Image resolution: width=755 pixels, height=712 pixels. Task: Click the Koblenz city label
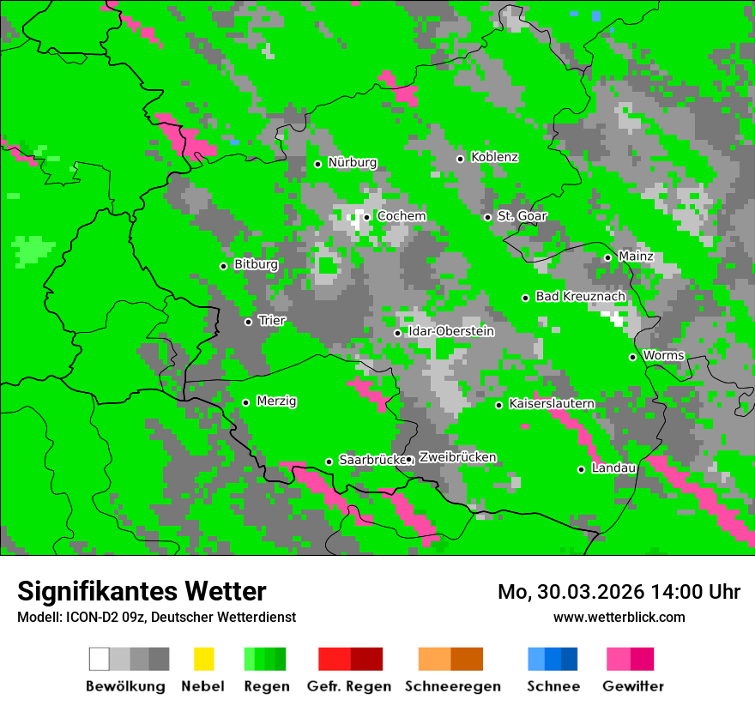[x=495, y=158]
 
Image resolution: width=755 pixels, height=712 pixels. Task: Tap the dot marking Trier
[x=248, y=322]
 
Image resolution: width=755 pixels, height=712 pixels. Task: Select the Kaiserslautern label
[x=551, y=404]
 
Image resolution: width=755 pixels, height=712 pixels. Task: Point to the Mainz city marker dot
[x=607, y=257]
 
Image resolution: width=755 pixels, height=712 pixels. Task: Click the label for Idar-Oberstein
[x=451, y=332]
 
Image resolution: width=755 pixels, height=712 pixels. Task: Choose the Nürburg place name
[x=352, y=163]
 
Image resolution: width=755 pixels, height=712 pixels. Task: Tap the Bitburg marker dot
[x=223, y=266]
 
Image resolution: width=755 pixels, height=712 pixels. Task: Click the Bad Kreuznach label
[x=580, y=297]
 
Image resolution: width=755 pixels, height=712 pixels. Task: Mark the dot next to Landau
[x=581, y=469]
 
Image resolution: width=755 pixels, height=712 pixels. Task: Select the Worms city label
[x=663, y=356]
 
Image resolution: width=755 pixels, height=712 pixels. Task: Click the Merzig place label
[x=276, y=401]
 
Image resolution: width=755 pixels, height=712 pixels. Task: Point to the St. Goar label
[x=522, y=216]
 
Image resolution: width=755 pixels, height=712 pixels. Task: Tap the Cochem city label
[x=401, y=216]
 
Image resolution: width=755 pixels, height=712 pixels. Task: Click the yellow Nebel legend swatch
[x=203, y=659]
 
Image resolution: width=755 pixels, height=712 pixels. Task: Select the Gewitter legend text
[x=633, y=686]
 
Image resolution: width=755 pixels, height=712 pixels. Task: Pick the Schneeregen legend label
[x=451, y=686]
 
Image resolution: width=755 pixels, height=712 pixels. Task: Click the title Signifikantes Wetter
[x=142, y=591]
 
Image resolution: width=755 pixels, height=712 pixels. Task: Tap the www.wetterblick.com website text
[x=619, y=617]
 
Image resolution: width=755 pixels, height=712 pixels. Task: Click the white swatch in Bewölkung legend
[x=100, y=659]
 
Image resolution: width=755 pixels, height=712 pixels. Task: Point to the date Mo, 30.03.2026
[x=565, y=592]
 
